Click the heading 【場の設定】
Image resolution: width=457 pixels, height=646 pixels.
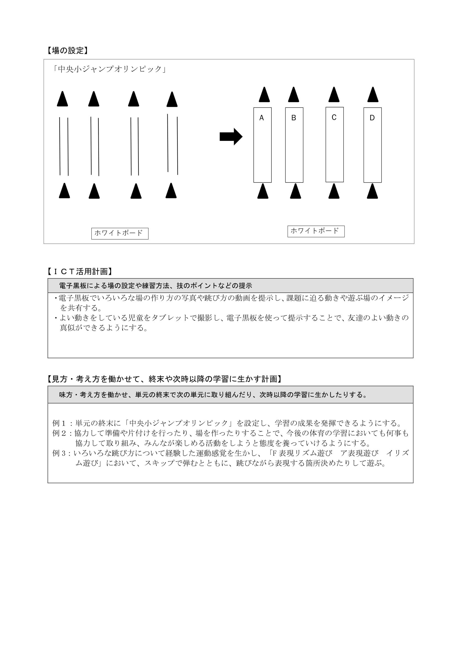click(x=67, y=51)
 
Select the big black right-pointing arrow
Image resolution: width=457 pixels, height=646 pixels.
click(x=231, y=137)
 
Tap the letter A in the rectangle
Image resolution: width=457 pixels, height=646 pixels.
click(x=261, y=118)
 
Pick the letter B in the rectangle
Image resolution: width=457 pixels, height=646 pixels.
click(x=293, y=118)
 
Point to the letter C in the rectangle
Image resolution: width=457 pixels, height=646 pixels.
click(x=334, y=117)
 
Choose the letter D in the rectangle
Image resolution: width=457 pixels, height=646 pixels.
click(x=372, y=118)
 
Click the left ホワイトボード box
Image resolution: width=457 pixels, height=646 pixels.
click(x=120, y=233)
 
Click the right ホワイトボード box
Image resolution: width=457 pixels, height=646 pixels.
click(x=316, y=231)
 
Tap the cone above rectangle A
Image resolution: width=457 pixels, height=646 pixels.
click(x=264, y=95)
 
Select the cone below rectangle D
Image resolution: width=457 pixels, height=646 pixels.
click(x=372, y=191)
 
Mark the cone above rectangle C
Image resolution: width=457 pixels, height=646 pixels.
click(x=334, y=95)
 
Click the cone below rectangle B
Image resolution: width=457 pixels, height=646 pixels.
click(x=295, y=191)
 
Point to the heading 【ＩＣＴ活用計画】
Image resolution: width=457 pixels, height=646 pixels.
click(x=80, y=271)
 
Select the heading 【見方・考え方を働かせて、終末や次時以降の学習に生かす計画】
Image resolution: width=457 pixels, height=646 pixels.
click(x=165, y=379)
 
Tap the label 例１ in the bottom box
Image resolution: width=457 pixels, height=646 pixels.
click(x=59, y=423)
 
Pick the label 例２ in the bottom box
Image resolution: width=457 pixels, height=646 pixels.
click(x=59, y=433)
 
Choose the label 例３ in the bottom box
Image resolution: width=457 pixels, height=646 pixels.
click(x=59, y=453)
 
